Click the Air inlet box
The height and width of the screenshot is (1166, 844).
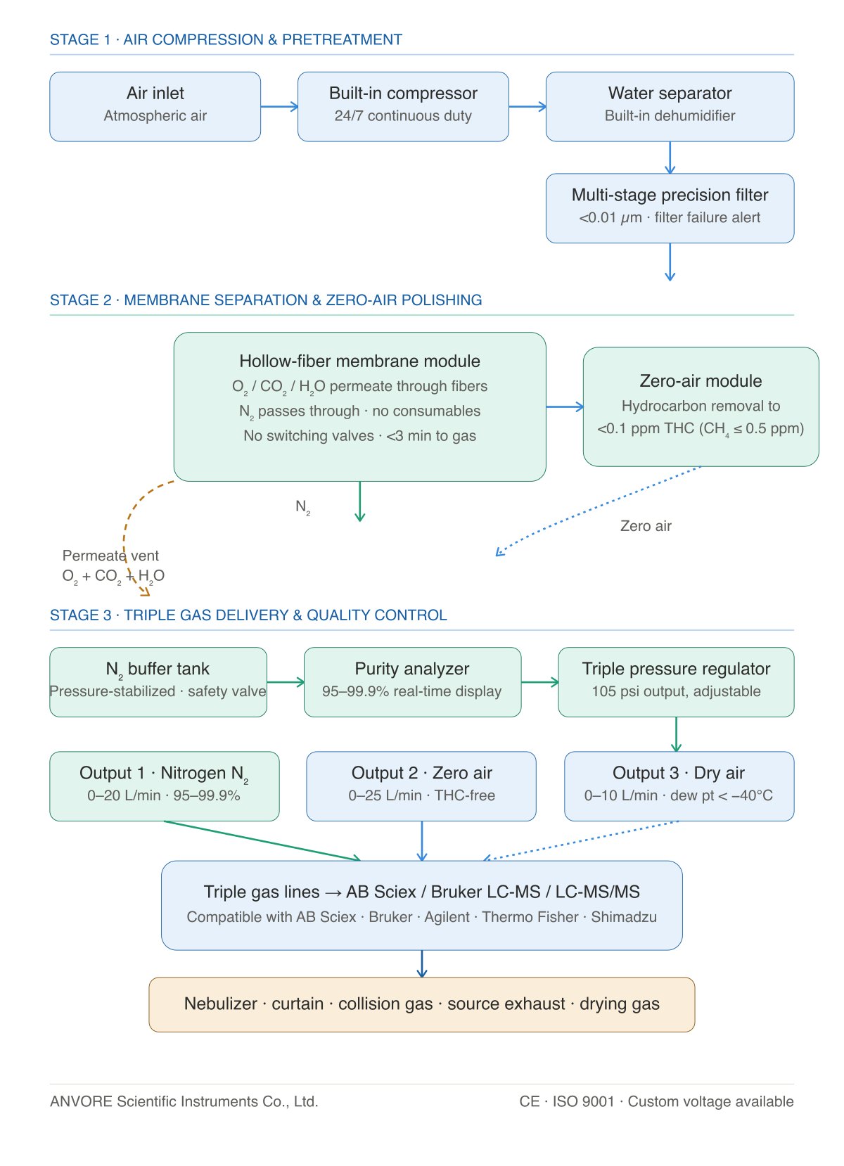[x=155, y=107]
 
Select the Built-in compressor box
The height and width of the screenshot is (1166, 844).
[x=403, y=107]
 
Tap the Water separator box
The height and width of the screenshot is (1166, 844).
[x=670, y=107]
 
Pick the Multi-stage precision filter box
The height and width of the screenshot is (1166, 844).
[x=670, y=208]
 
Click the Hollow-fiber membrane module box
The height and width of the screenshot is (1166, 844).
[x=360, y=406]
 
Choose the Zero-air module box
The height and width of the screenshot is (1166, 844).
[x=701, y=406]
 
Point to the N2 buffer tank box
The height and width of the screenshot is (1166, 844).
[x=158, y=682]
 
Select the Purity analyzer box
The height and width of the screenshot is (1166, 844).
[x=412, y=682]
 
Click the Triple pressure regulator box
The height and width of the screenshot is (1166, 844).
[x=676, y=682]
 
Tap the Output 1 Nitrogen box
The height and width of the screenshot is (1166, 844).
[x=165, y=786]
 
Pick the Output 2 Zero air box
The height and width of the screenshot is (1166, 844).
[x=421, y=786]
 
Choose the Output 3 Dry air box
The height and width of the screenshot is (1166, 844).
[x=679, y=786]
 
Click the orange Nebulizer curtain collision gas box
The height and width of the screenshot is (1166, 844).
[x=422, y=1004]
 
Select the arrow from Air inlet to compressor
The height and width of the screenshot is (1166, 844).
[x=280, y=107]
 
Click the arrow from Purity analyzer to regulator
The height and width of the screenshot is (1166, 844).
[x=540, y=682]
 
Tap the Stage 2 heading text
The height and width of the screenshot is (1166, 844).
[x=266, y=300]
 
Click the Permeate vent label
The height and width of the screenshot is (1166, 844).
[x=110, y=556]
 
